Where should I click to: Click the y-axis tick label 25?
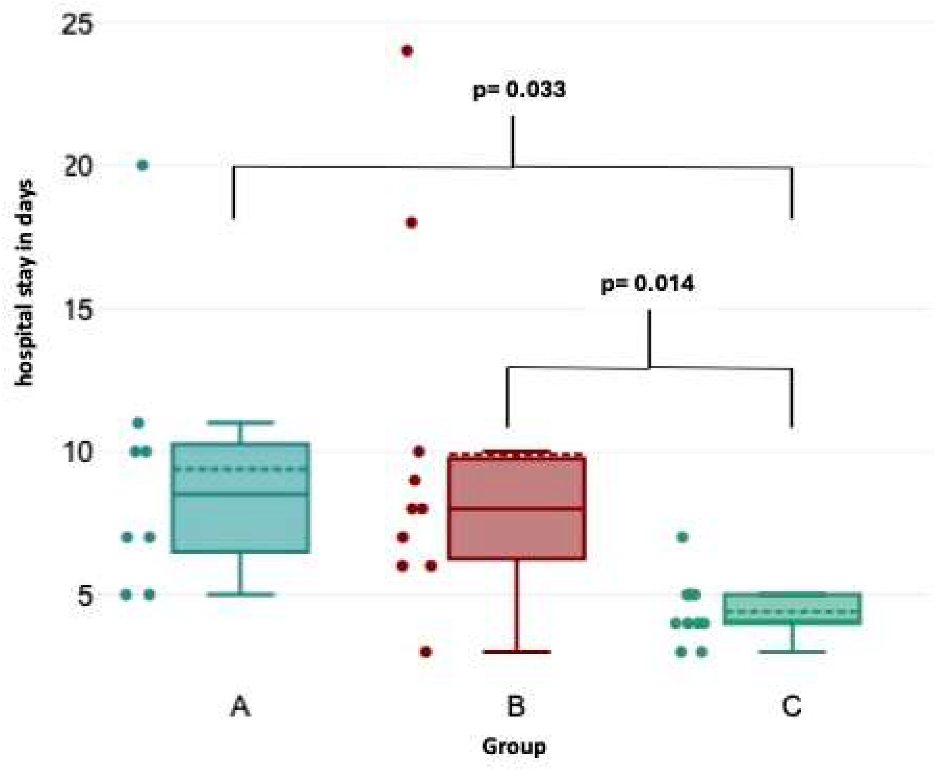tap(78, 25)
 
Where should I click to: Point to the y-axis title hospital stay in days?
tap(25, 283)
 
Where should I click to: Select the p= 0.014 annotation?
tap(647, 284)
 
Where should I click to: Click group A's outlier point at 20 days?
tap(142, 165)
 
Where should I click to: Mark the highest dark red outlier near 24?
tap(407, 51)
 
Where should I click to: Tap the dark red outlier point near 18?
tap(412, 222)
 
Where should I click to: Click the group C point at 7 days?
tap(682, 537)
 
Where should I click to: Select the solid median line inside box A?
tap(240, 494)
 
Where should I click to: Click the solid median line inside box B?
tap(516, 508)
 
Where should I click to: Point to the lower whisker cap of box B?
tap(517, 652)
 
